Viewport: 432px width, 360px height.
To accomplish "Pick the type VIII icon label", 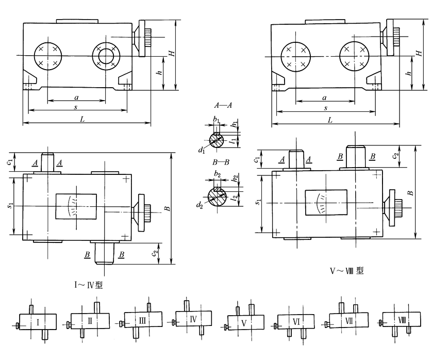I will tap(402, 320).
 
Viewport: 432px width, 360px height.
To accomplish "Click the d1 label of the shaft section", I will tap(201, 151).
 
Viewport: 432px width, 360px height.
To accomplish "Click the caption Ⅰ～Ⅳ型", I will tap(88, 285).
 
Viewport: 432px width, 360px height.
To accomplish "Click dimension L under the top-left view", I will tap(82, 119).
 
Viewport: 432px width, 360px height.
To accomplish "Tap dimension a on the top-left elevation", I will tap(76, 96).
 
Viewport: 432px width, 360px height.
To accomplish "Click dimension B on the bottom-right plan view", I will tap(410, 192).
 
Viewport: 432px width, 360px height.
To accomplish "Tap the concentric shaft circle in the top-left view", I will tap(106, 54).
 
